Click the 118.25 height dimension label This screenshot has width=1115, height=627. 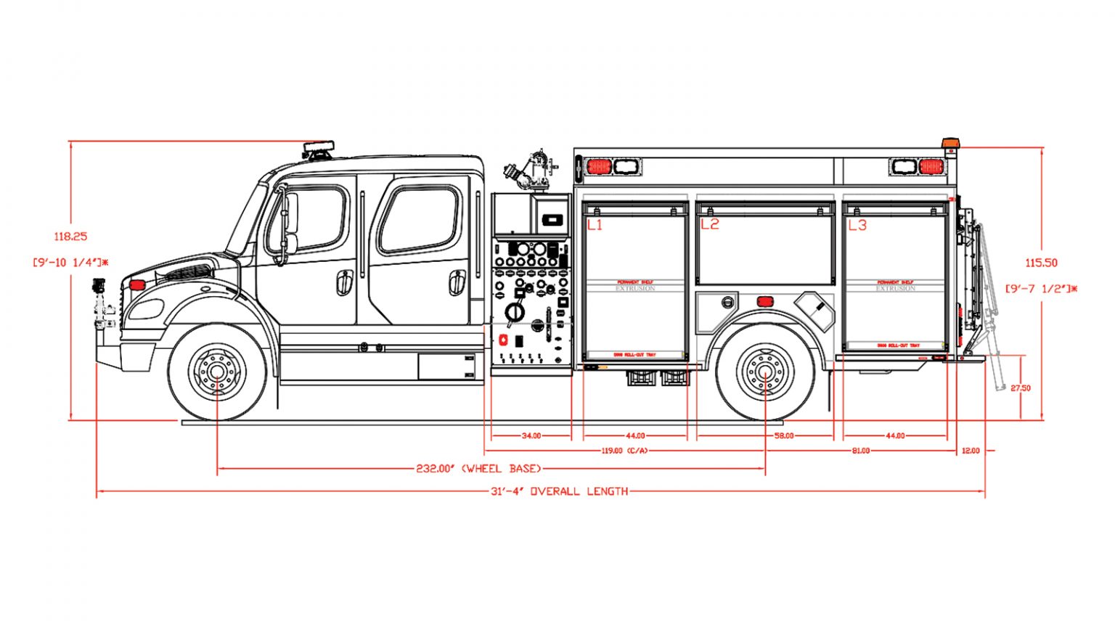point(70,237)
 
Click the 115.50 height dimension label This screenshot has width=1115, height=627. point(1041,263)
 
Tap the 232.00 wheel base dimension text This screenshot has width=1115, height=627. point(478,469)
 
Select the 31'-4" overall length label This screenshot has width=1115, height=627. point(559,491)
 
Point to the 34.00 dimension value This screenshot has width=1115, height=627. point(531,436)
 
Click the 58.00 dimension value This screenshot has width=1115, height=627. point(784,436)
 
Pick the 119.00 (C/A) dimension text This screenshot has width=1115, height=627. point(624,451)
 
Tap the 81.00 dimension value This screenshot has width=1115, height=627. point(860,451)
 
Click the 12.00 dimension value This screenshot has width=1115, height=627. point(971,451)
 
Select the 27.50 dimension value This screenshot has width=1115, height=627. point(1021,388)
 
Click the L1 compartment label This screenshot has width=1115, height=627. point(595,225)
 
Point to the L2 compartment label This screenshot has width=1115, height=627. point(709,224)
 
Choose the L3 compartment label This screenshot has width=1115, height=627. point(857,225)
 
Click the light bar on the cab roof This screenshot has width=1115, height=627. point(319,149)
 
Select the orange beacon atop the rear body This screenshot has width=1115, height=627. point(950,143)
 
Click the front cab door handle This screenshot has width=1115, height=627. point(344,282)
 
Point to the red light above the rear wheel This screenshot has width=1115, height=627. point(764,301)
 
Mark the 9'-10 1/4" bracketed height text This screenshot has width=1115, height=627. point(70,262)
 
